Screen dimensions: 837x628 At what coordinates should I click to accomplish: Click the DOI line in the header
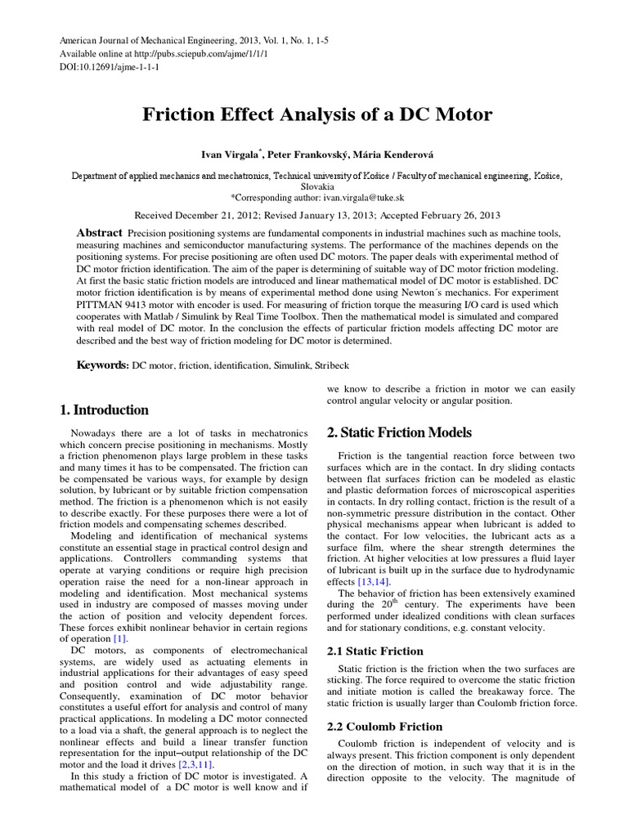click(x=110, y=67)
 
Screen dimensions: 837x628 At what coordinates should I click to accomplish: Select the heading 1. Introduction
click(x=104, y=410)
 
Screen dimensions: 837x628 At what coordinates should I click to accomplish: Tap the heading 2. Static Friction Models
click(x=399, y=432)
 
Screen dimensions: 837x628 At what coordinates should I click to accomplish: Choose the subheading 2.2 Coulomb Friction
click(x=384, y=726)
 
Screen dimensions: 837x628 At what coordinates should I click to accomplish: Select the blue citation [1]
click(x=120, y=638)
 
